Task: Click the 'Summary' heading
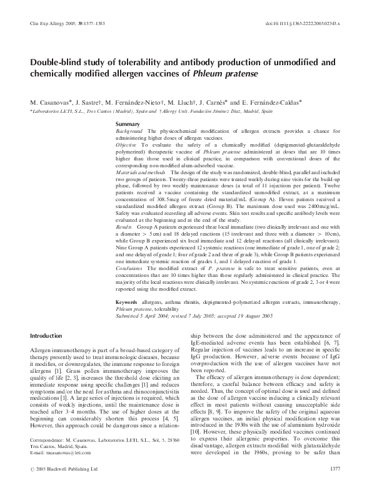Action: coord(128,125)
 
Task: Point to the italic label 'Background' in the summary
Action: coord(130,131)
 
